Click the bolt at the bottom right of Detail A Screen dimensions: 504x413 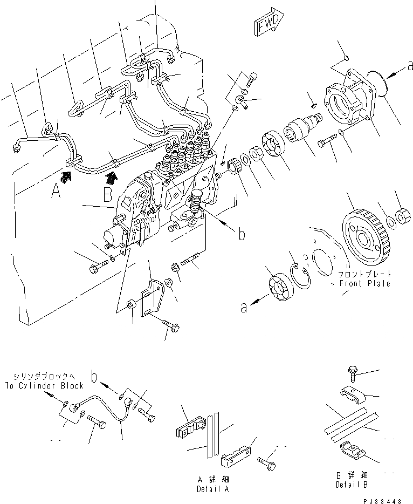(265, 461)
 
